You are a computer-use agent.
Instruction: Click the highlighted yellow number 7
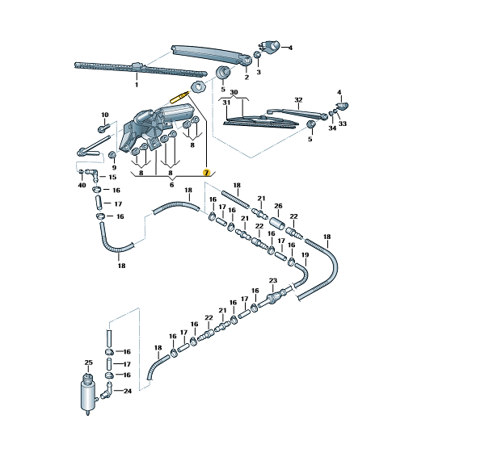click(206, 173)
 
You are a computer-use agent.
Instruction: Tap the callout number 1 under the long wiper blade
click(136, 85)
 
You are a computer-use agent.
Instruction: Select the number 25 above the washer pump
click(89, 363)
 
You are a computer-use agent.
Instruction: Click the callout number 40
click(82, 185)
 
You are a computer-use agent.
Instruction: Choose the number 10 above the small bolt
click(104, 115)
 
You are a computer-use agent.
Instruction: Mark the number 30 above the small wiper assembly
click(234, 93)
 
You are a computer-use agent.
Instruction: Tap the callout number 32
click(298, 100)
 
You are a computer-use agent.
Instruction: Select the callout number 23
click(273, 281)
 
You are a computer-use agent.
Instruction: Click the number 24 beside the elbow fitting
click(128, 391)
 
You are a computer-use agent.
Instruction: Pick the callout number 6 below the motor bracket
click(171, 185)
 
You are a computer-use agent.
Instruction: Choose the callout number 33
click(343, 124)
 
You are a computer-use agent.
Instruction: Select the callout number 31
click(226, 103)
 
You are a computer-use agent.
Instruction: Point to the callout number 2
click(247, 78)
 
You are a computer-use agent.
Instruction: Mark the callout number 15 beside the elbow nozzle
click(112, 177)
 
